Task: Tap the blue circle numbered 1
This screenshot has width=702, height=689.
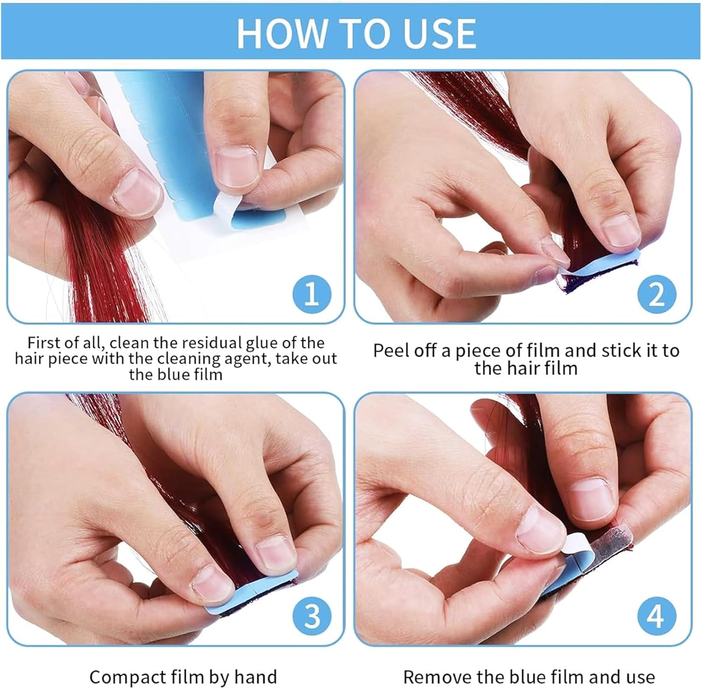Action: coord(312,294)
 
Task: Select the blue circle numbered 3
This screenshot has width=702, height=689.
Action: coord(312,616)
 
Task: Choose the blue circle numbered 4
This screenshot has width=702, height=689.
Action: coord(656,616)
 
